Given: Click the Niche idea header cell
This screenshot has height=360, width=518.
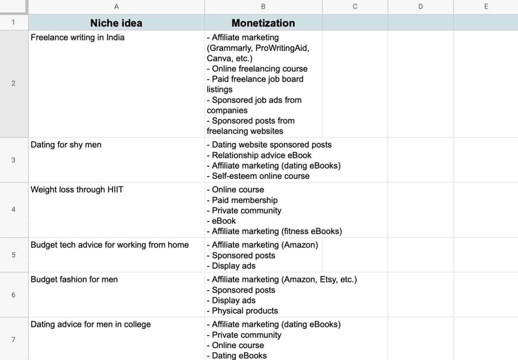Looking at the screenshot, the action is click(x=116, y=23).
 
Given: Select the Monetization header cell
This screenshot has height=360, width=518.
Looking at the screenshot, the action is click(x=263, y=23).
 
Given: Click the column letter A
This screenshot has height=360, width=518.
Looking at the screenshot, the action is click(x=116, y=6).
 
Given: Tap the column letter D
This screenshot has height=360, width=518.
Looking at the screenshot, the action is click(x=420, y=6).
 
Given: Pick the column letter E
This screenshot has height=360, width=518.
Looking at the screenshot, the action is click(x=486, y=6).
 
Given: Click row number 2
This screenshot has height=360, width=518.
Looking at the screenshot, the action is click(x=13, y=83).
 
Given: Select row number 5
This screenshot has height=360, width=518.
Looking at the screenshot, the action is click(x=13, y=255).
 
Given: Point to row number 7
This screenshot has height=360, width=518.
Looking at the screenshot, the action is click(x=13, y=339).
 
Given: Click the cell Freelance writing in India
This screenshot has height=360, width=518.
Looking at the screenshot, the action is click(x=77, y=38).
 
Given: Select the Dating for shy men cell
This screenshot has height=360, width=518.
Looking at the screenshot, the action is click(x=66, y=145).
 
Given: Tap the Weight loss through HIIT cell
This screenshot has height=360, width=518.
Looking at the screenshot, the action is click(x=77, y=189).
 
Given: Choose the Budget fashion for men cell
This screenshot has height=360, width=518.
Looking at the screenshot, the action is click(x=74, y=279).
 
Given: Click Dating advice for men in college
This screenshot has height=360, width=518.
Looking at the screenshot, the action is click(x=91, y=324).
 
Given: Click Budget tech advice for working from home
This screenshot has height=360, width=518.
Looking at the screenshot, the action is click(x=110, y=245).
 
